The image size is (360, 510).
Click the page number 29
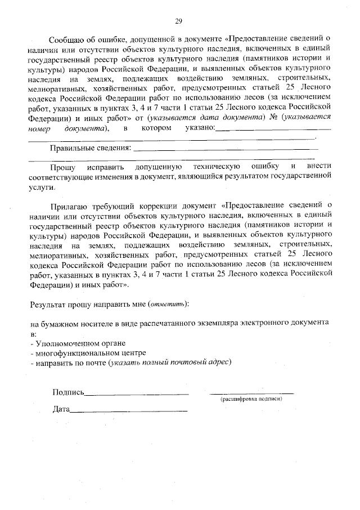(x=178, y=21)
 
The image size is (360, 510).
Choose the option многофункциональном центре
(x=82, y=352)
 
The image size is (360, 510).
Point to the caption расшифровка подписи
(x=251, y=399)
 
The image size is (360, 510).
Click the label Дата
(x=60, y=409)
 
